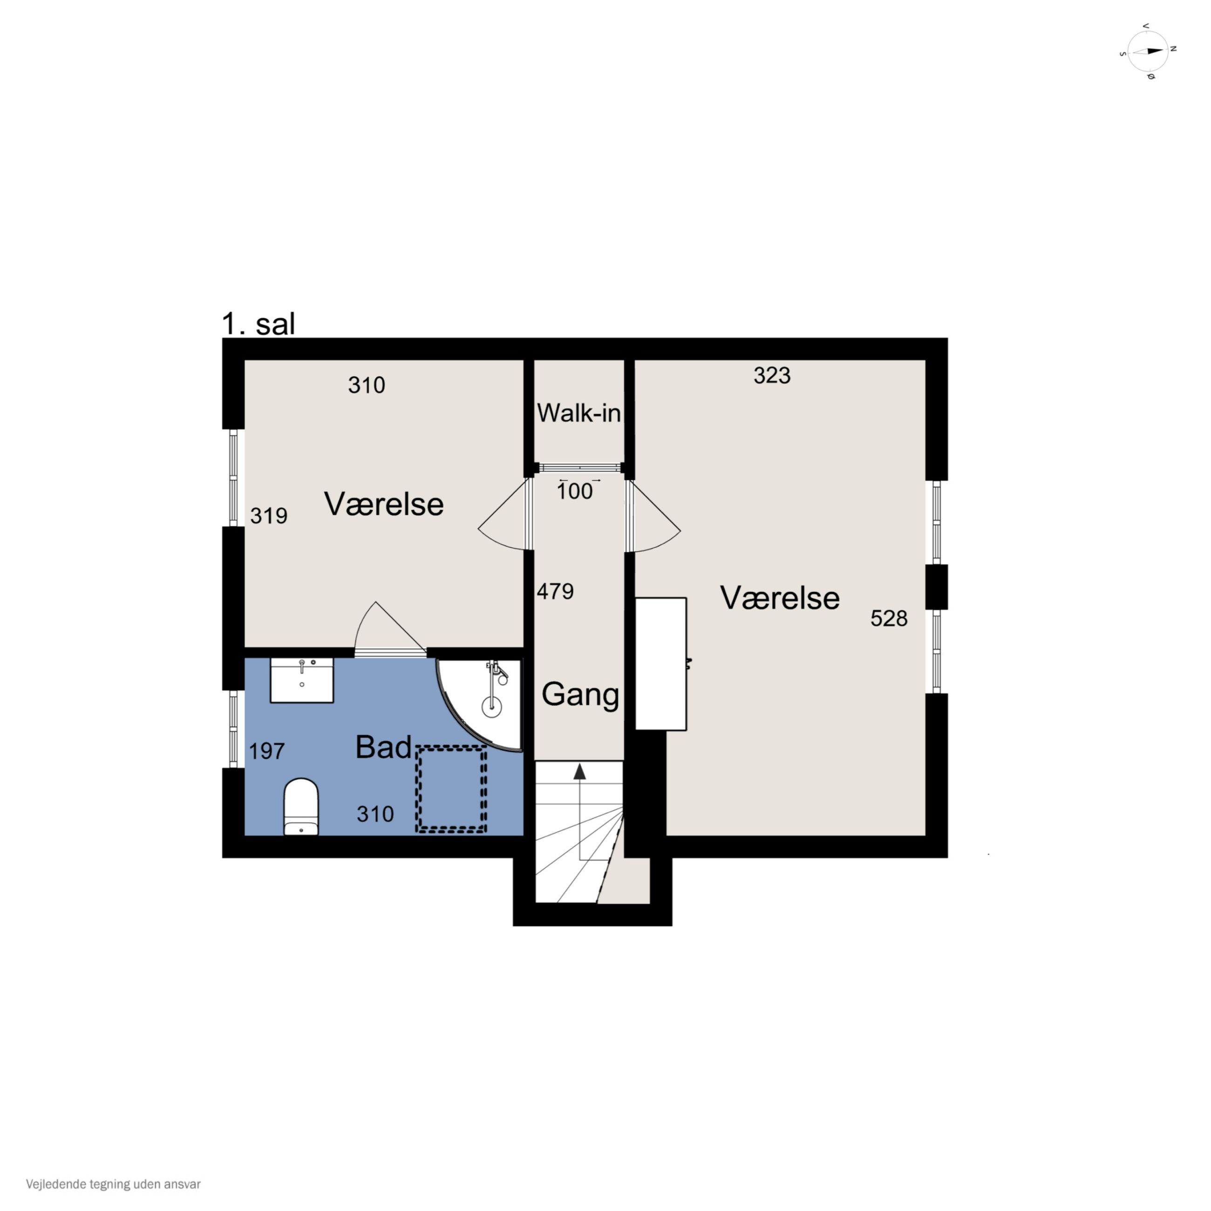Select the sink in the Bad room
pyautogui.click(x=301, y=680)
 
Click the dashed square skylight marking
pyautogui.click(x=451, y=789)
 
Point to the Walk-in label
pyautogui.click(x=578, y=413)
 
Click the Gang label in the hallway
pyautogui.click(x=580, y=695)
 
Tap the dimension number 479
pyautogui.click(x=555, y=591)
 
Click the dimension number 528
pyautogui.click(x=889, y=619)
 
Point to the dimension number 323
pyautogui.click(x=772, y=375)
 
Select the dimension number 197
pyautogui.click(x=267, y=751)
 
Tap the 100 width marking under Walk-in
pyautogui.click(x=575, y=491)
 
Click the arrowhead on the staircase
pyautogui.click(x=580, y=771)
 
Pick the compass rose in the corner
pyautogui.click(x=1148, y=51)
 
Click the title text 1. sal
pyautogui.click(x=258, y=324)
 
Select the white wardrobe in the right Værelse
pyautogui.click(x=661, y=664)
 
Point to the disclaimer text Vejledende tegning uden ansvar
pyautogui.click(x=114, y=1184)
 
